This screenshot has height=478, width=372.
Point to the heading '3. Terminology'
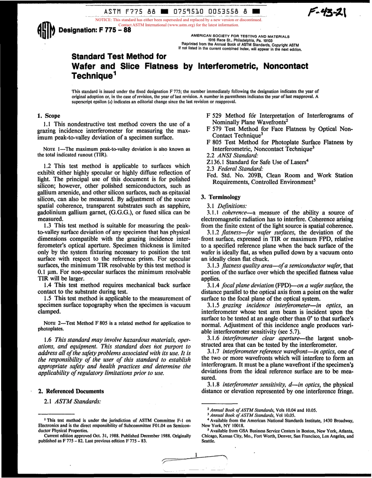[220, 197]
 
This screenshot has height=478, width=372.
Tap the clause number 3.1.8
[214, 384]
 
